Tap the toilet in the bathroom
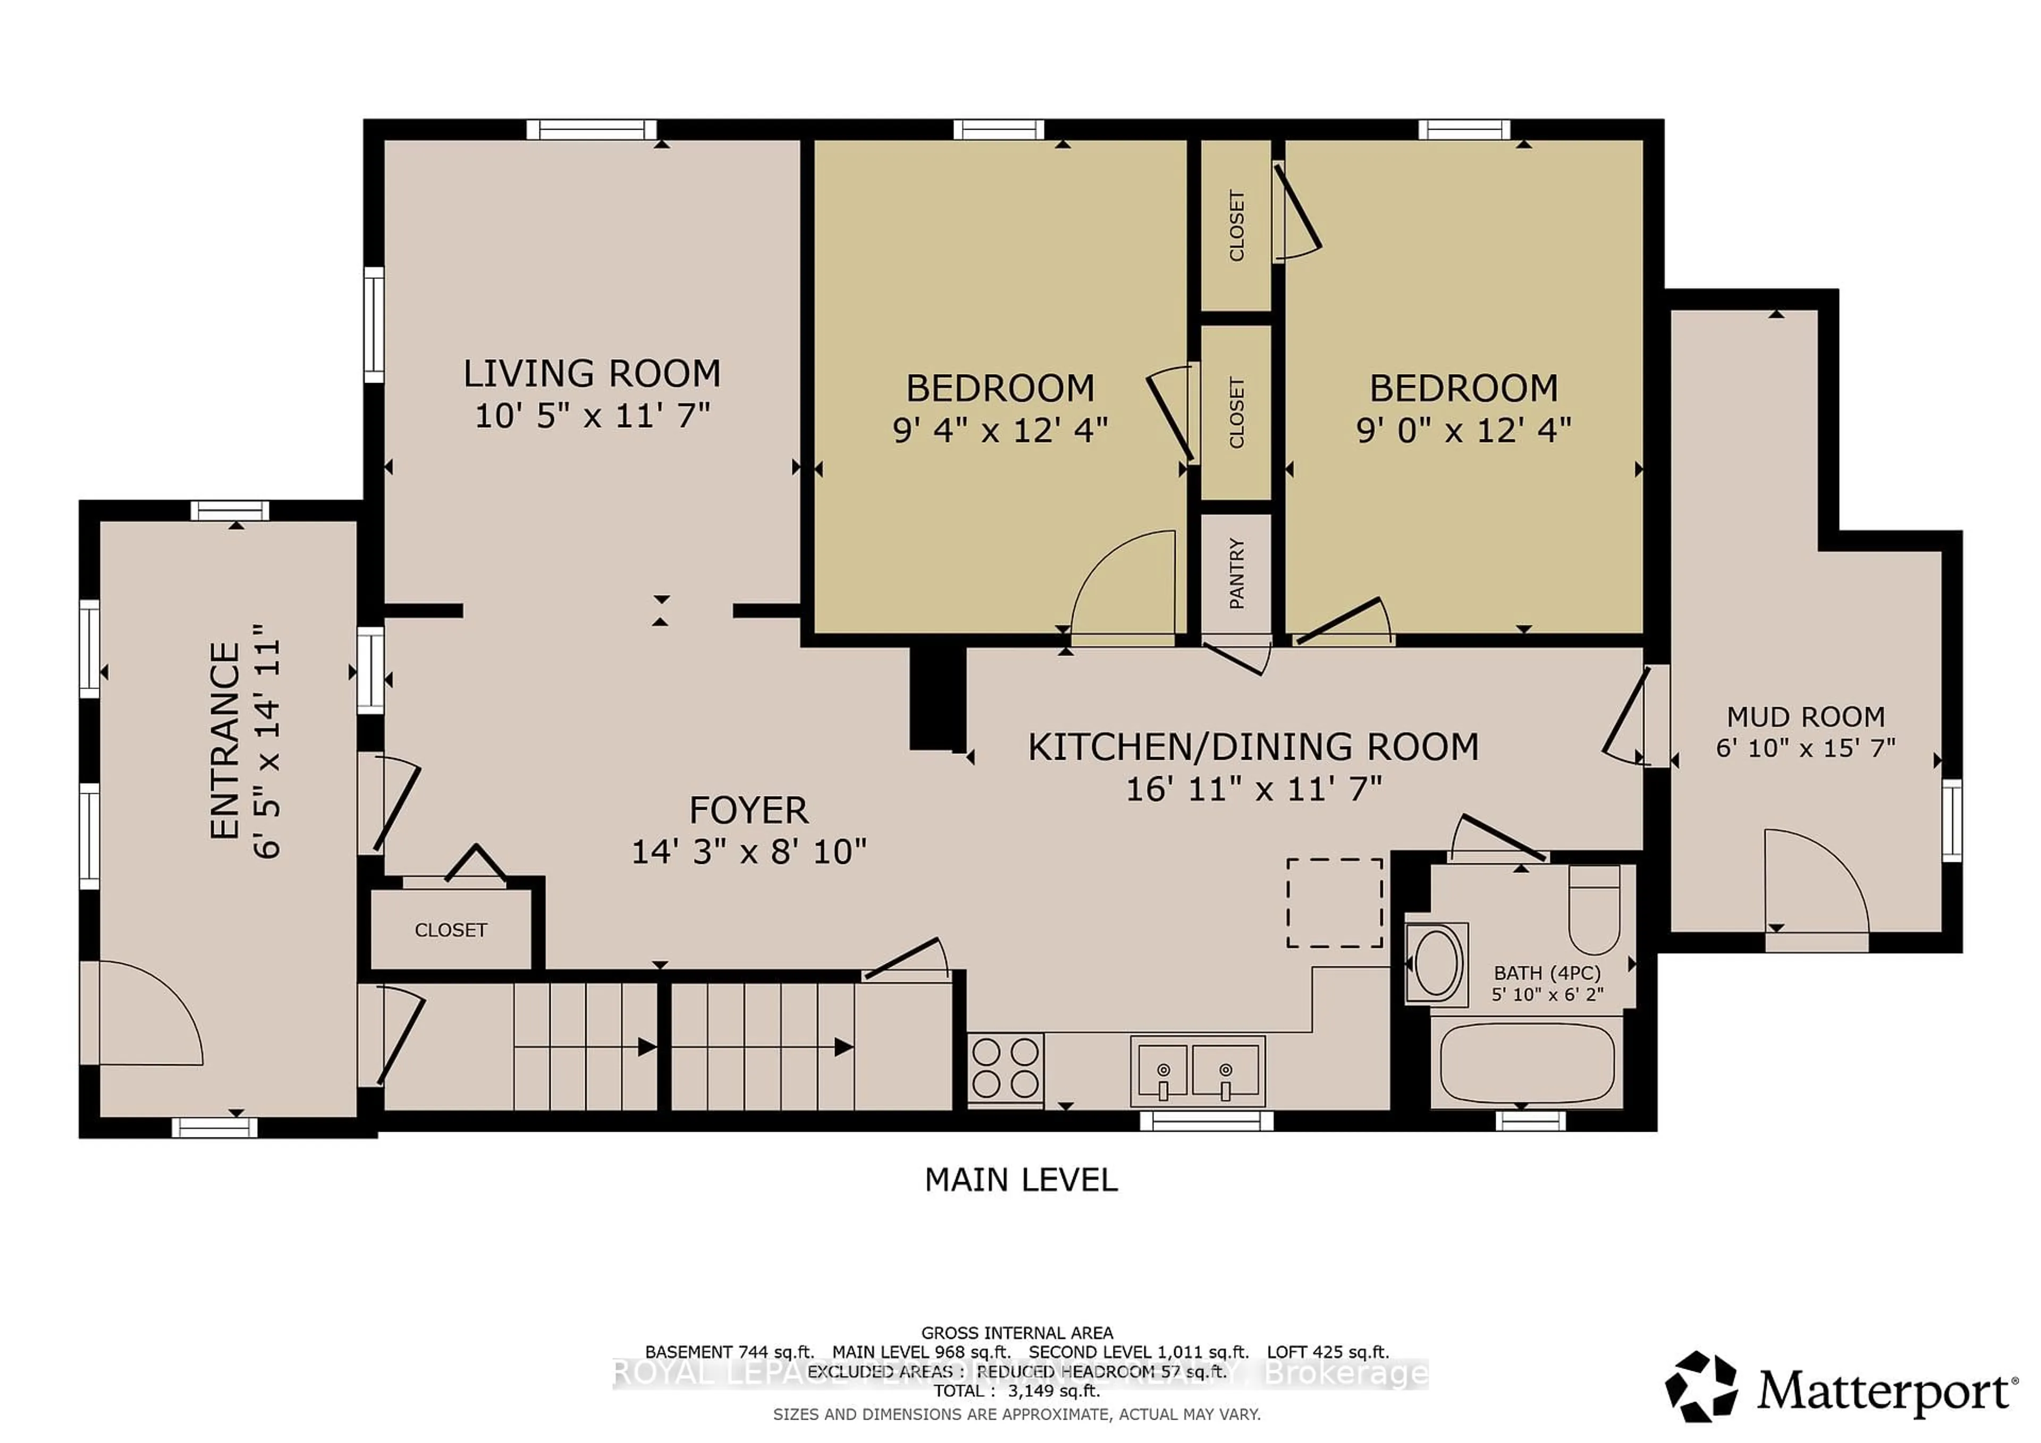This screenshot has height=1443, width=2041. (x=1594, y=910)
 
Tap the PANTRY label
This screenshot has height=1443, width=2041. (x=1236, y=574)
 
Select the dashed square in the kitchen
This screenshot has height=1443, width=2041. (x=1334, y=903)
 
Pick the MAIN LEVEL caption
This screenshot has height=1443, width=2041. (x=1020, y=1180)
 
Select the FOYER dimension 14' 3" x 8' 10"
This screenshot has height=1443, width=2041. (x=748, y=852)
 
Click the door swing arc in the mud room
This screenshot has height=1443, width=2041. (x=1814, y=880)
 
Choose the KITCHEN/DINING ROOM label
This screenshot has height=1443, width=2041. (x=1253, y=747)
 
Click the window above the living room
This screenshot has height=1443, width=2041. (x=591, y=130)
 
